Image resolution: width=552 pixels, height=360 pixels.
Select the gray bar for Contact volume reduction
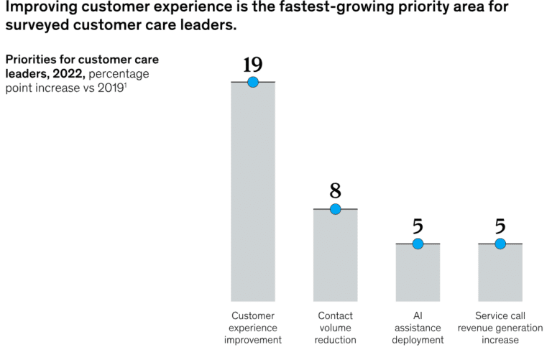coord(335,255)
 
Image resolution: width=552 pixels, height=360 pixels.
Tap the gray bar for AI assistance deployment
coord(418,272)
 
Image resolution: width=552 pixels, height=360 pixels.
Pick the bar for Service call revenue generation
coord(500,272)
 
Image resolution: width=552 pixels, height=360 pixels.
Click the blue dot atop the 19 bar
coord(252,82)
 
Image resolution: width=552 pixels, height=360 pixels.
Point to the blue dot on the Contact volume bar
coord(335,209)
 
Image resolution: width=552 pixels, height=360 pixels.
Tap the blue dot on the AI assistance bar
coord(418,244)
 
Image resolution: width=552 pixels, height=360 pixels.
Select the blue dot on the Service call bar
coord(500,244)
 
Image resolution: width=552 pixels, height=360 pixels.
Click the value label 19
coord(252,65)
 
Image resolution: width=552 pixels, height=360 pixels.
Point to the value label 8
coord(335,191)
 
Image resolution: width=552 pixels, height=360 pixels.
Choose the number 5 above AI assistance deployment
coord(418,226)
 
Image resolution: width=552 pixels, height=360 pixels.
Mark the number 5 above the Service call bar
coord(500,226)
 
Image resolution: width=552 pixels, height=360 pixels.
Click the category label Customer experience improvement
coord(252,328)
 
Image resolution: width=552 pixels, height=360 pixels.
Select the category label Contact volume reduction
coord(335,328)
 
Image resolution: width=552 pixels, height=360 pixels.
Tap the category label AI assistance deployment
coord(418,328)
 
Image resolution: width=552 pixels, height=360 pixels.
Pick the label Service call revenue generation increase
coord(500,328)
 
